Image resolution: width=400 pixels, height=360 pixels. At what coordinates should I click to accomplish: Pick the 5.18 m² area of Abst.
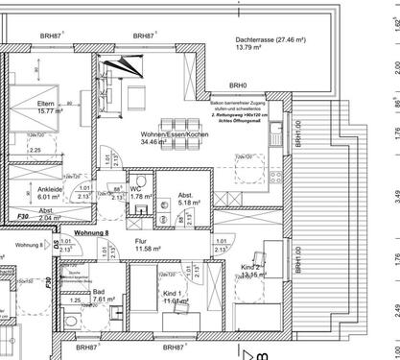(190, 203)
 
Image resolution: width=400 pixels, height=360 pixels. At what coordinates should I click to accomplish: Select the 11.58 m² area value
(152, 249)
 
